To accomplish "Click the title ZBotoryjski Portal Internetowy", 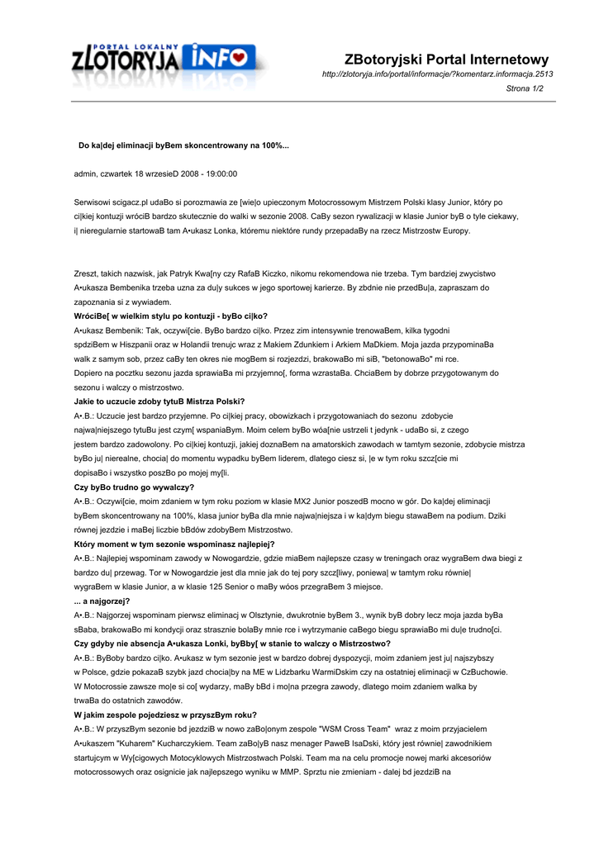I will point(447,59).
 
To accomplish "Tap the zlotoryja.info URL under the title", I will point(437,74).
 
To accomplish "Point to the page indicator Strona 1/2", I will point(525,88).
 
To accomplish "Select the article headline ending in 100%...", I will point(183,145).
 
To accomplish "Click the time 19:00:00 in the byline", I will point(219,173).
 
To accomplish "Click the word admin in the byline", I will point(85,173).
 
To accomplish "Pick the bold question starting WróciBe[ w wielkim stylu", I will point(170,316).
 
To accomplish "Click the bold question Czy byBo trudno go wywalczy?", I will point(134,487).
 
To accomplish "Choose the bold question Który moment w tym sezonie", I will point(174,544).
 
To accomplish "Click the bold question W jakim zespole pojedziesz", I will point(165,715).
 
